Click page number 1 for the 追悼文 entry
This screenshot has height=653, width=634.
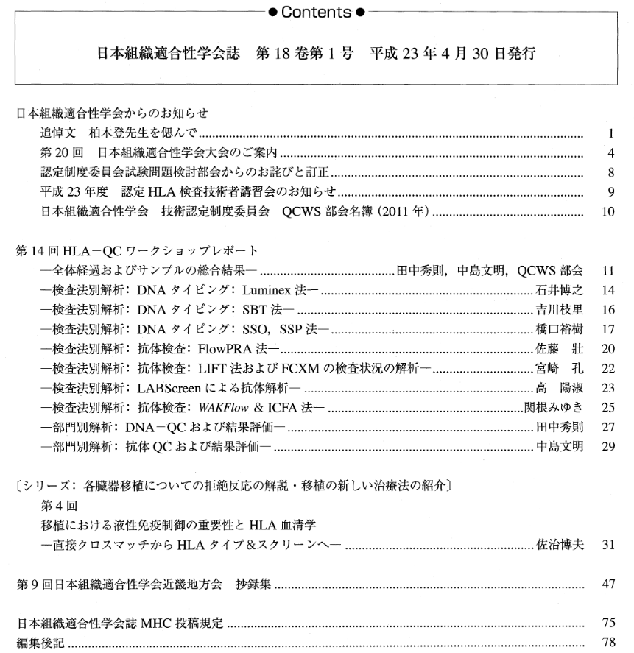coord(610,134)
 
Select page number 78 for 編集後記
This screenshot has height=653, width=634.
coord(607,642)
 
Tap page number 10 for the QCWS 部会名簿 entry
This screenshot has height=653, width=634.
coord(607,212)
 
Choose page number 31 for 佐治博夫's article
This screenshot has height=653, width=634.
coord(607,546)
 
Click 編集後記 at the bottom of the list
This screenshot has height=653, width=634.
coord(40,643)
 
